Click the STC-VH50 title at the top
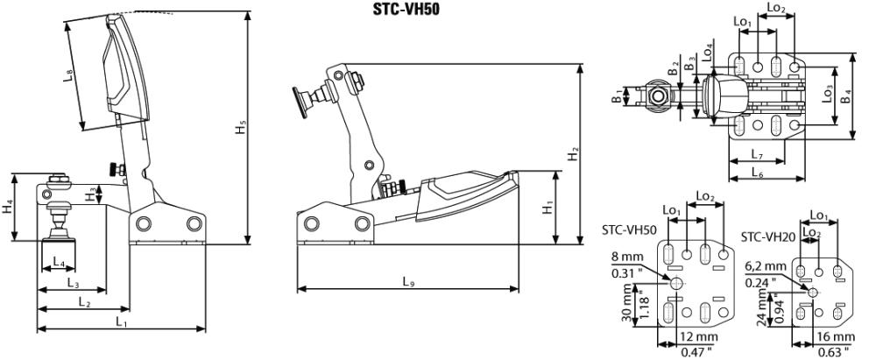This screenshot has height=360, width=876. [402, 10]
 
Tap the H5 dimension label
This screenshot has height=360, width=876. [241, 128]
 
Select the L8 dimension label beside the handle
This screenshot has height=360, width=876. [68, 76]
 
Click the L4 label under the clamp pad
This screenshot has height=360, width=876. [59, 261]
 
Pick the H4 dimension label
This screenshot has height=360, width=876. [7, 207]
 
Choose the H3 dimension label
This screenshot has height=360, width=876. [90, 194]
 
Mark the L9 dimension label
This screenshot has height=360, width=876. [408, 282]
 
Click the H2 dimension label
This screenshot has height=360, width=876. [574, 154]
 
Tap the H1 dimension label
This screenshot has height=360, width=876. [549, 207]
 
